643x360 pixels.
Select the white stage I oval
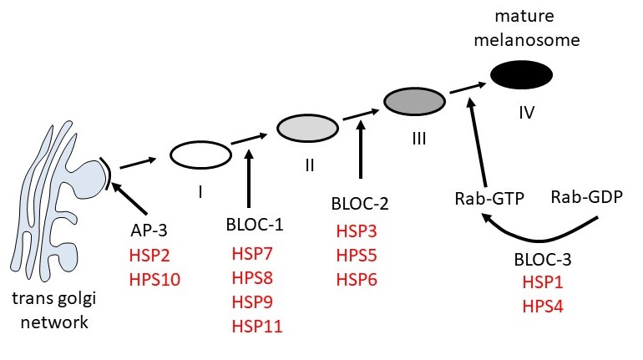coord(200,155)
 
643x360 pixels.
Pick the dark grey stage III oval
coord(413,101)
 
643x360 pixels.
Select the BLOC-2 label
coord(360,203)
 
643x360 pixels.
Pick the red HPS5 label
coord(357,254)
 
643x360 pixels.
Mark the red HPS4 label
coord(541,307)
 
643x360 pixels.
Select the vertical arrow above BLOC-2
coord(360,150)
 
